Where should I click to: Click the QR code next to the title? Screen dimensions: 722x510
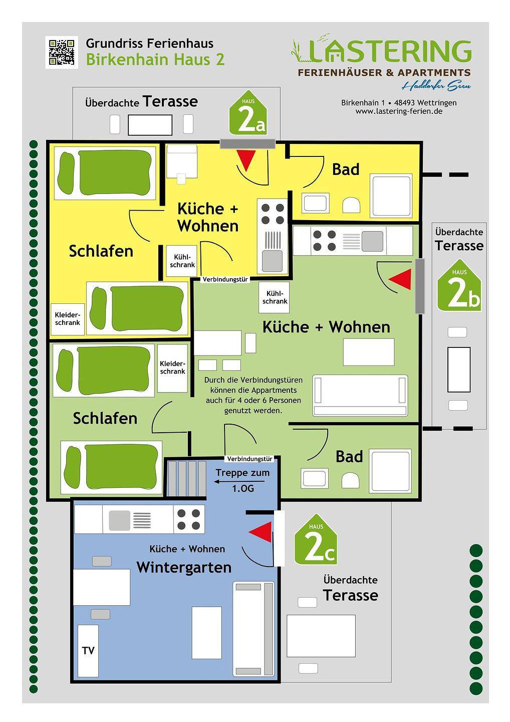point(62,52)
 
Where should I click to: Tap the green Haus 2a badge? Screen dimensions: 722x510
point(248,114)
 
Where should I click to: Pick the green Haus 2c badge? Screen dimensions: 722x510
point(316,540)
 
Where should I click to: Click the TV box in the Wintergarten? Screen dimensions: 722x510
point(88,651)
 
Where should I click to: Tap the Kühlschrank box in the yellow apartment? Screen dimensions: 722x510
point(181,261)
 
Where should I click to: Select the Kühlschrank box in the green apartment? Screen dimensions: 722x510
point(274,297)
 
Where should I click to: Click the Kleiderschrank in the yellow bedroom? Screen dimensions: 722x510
point(67,319)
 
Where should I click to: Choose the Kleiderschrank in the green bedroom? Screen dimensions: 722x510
point(172,368)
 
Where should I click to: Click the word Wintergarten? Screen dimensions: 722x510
point(184,568)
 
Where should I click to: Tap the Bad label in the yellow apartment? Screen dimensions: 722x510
point(346,169)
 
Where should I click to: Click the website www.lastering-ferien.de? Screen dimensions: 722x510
point(398,111)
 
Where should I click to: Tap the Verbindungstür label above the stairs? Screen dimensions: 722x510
point(249,459)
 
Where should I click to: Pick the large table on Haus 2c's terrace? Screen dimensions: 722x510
point(321,636)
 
